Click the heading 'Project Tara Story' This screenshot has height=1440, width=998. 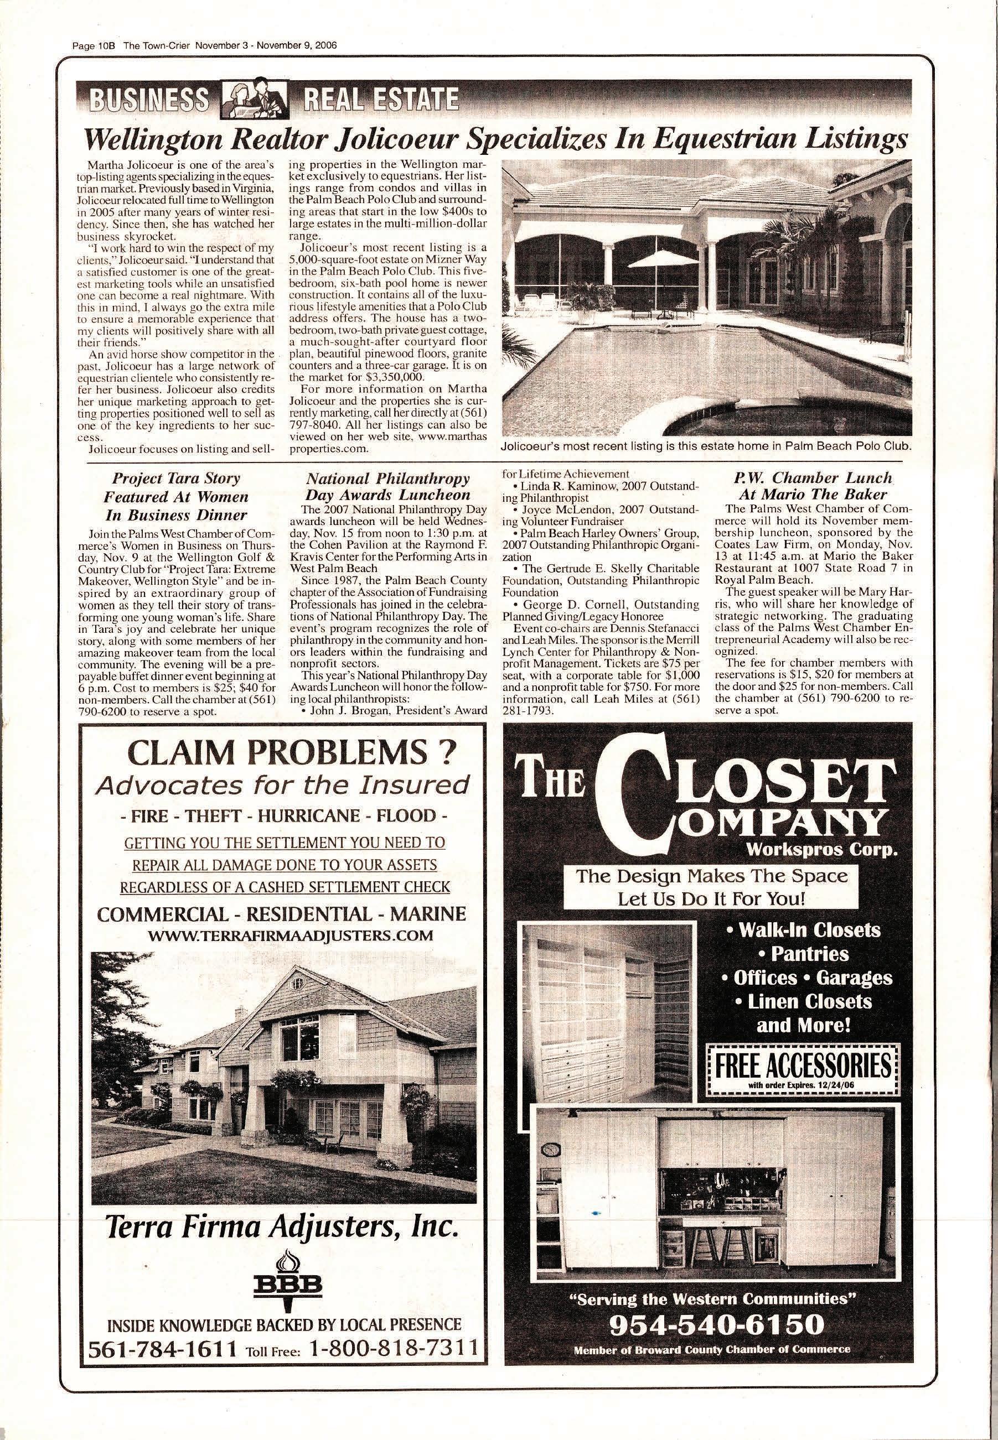pos(175,479)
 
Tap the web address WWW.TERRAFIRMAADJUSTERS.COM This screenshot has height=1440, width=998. pos(284,935)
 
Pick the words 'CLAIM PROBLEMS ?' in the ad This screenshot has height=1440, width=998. pos(284,755)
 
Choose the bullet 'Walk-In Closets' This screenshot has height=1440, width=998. pos(803,930)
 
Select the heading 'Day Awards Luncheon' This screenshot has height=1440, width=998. pos(387,495)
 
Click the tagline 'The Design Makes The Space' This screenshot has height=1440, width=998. pos(712,876)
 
